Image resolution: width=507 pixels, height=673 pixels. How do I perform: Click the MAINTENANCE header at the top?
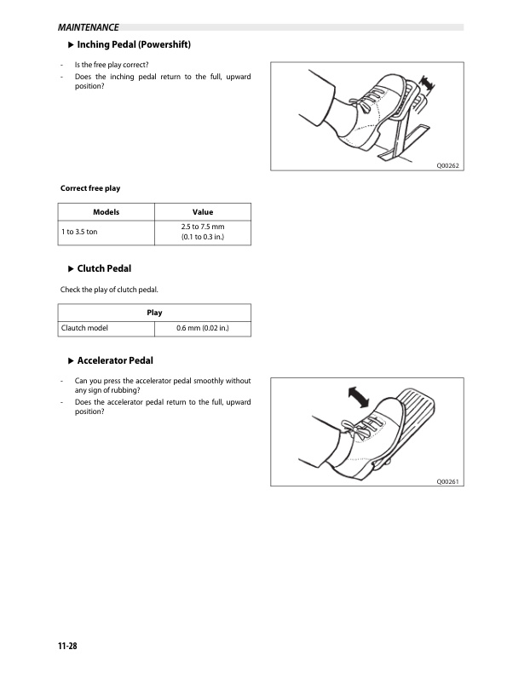tap(83, 27)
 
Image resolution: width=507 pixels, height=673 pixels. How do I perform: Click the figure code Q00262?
tap(448, 165)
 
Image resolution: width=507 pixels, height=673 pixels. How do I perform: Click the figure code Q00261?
tap(448, 481)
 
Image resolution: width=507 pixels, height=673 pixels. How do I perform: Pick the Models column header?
tap(107, 211)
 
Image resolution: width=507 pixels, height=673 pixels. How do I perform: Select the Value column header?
tap(203, 211)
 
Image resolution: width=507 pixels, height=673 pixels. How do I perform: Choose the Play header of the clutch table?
tap(155, 313)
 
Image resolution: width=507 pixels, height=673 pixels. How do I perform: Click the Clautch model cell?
tap(84, 328)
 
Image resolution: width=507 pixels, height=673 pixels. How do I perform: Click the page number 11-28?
tap(69, 647)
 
